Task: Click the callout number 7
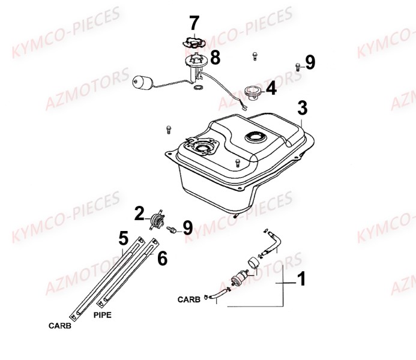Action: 194,23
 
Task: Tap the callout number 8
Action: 215,58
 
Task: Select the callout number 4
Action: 271,88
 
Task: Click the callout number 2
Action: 139,214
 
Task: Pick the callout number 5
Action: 124,238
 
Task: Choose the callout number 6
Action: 162,258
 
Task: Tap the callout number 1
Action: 301,279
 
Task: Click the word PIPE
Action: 103,315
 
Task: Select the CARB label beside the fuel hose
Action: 189,299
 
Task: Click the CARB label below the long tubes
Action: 60,326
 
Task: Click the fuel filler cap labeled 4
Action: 252,94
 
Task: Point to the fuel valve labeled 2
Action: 157,220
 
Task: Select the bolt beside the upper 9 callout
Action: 298,67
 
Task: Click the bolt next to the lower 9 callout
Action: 172,230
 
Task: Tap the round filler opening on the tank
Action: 255,137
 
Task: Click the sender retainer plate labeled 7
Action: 194,43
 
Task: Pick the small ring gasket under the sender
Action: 198,87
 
